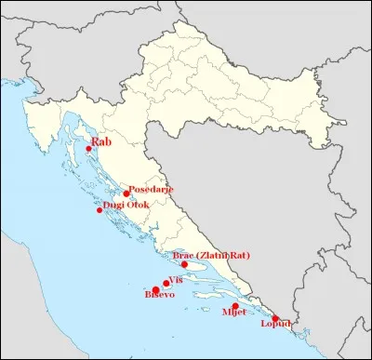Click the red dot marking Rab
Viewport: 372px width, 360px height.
click(88, 149)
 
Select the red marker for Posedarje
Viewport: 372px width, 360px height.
click(126, 193)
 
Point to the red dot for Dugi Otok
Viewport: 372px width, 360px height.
click(100, 210)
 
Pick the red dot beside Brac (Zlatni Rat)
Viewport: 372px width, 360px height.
click(184, 264)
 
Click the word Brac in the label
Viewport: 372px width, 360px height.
click(183, 255)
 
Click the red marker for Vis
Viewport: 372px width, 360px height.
click(166, 284)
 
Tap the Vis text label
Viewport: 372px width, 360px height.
click(178, 279)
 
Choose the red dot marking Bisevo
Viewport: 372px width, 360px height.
click(155, 290)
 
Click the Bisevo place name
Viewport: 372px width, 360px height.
click(159, 296)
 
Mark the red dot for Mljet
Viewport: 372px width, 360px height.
click(235, 306)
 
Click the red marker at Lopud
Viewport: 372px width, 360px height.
click(275, 319)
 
